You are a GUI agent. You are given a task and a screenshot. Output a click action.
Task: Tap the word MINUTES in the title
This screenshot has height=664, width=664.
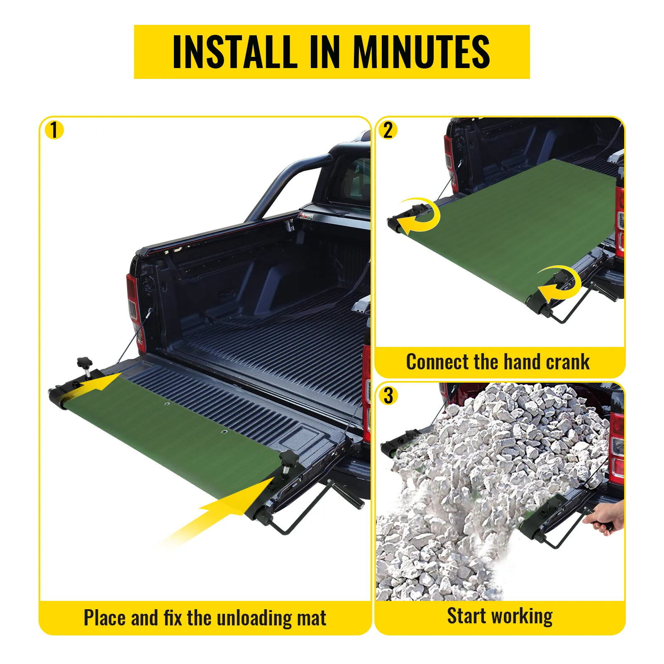(x=421, y=52)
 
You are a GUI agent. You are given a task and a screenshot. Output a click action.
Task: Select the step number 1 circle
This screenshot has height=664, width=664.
(x=54, y=130)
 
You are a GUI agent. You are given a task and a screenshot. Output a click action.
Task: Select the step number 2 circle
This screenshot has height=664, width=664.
(x=388, y=130)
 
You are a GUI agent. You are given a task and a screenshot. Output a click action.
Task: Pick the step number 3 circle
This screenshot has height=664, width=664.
(x=388, y=395)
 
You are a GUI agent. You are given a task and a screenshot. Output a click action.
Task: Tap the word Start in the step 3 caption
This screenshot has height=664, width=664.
(x=466, y=616)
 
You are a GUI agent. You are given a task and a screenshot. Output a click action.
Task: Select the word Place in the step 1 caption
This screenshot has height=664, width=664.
(x=105, y=618)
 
